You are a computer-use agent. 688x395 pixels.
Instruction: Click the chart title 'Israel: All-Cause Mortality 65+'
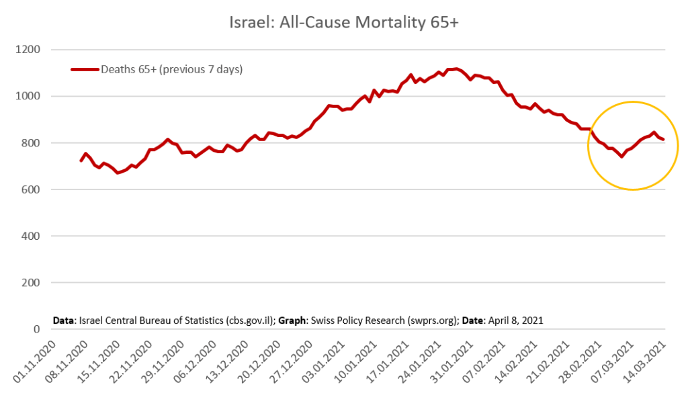click(x=344, y=21)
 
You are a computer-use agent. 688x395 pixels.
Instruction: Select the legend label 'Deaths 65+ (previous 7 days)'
click(x=171, y=69)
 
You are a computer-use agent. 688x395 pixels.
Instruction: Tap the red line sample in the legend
click(x=85, y=69)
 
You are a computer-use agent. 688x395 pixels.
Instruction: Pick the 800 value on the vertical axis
click(x=30, y=143)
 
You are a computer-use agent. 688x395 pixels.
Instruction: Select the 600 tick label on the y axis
click(x=30, y=189)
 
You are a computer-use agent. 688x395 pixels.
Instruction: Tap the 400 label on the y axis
click(x=30, y=236)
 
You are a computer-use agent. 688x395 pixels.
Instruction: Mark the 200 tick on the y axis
click(x=30, y=283)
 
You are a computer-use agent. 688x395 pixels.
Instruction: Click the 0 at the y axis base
click(x=37, y=329)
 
